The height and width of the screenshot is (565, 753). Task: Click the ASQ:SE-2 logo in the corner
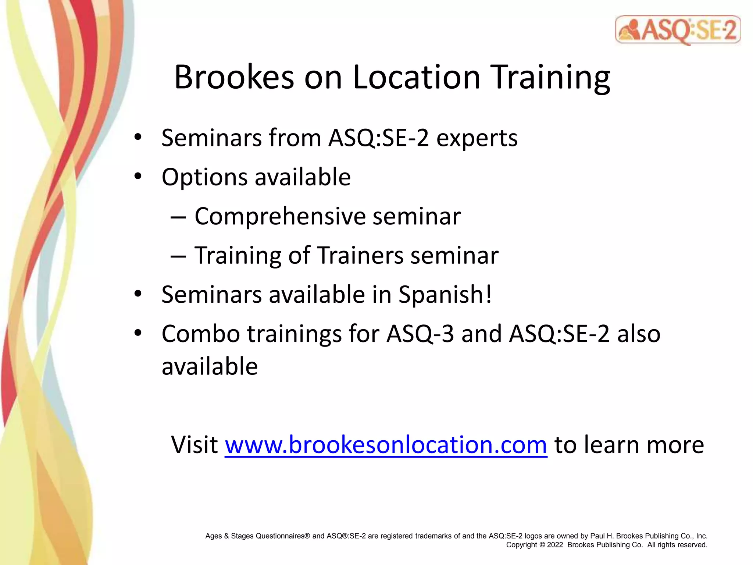pos(678,30)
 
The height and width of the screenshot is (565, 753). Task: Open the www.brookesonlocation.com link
pos(386,445)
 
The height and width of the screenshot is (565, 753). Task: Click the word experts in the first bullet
pos(477,138)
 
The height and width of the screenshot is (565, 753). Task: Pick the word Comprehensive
pos(280,216)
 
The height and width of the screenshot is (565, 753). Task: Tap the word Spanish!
pos(445,295)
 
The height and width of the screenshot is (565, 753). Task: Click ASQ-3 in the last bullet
pos(420,334)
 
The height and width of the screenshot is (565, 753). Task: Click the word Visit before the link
pos(195,445)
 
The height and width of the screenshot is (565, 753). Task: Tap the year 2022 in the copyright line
pos(555,545)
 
